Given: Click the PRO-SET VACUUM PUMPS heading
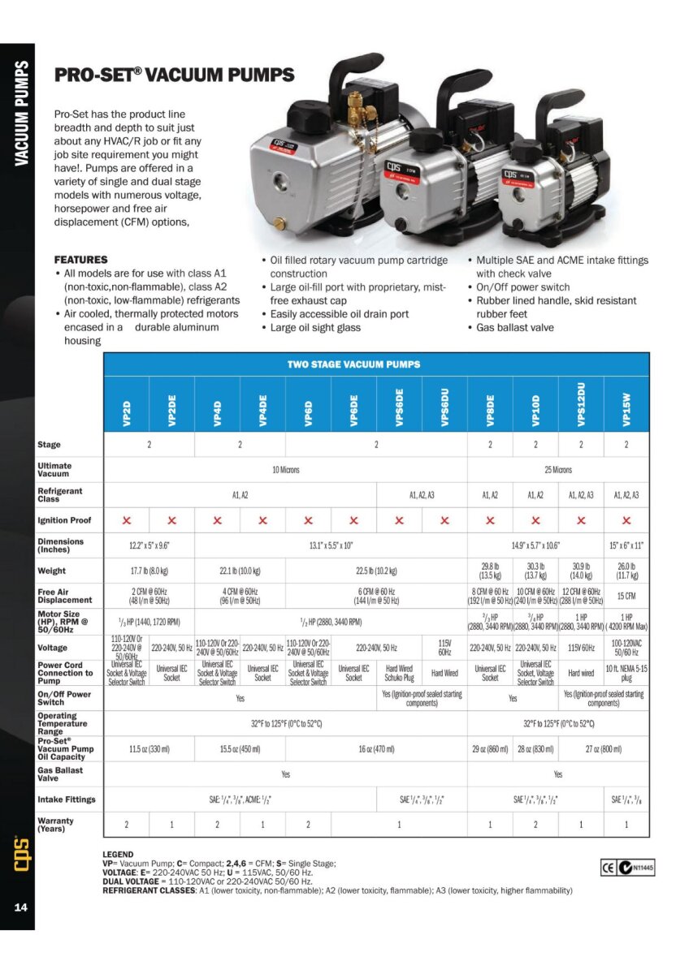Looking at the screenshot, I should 174,75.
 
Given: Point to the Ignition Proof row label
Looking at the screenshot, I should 65,520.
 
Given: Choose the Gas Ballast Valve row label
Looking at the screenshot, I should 60,774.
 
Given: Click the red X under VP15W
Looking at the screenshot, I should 626,520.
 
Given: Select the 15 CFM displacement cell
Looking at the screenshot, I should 626,596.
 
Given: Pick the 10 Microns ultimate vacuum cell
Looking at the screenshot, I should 285,469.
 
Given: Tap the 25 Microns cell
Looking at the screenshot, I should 558,469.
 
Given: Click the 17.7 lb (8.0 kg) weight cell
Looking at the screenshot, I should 149,571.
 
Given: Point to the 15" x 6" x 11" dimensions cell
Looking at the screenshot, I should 626,545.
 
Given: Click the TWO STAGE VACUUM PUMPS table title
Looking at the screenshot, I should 353,364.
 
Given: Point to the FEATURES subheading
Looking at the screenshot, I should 80,260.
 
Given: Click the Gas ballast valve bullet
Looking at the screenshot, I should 514,327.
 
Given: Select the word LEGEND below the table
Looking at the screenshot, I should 119,855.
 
